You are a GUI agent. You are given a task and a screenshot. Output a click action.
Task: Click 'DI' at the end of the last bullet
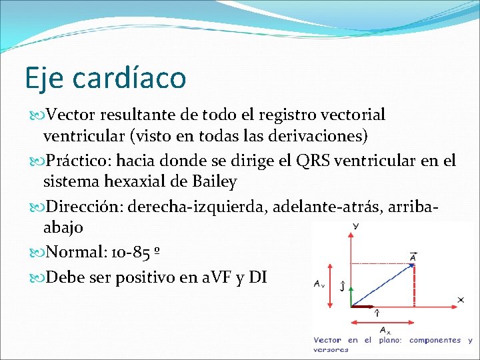coord(257,276)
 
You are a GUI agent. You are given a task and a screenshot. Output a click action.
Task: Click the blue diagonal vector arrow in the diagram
coord(381,286)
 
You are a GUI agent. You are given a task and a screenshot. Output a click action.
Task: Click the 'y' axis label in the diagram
coord(355,227)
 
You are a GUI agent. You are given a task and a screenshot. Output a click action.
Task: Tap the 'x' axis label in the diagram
coord(461,300)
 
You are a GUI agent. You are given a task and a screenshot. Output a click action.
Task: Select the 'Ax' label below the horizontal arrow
coord(385,329)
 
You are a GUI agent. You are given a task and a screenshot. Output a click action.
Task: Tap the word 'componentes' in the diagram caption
coord(435,340)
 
